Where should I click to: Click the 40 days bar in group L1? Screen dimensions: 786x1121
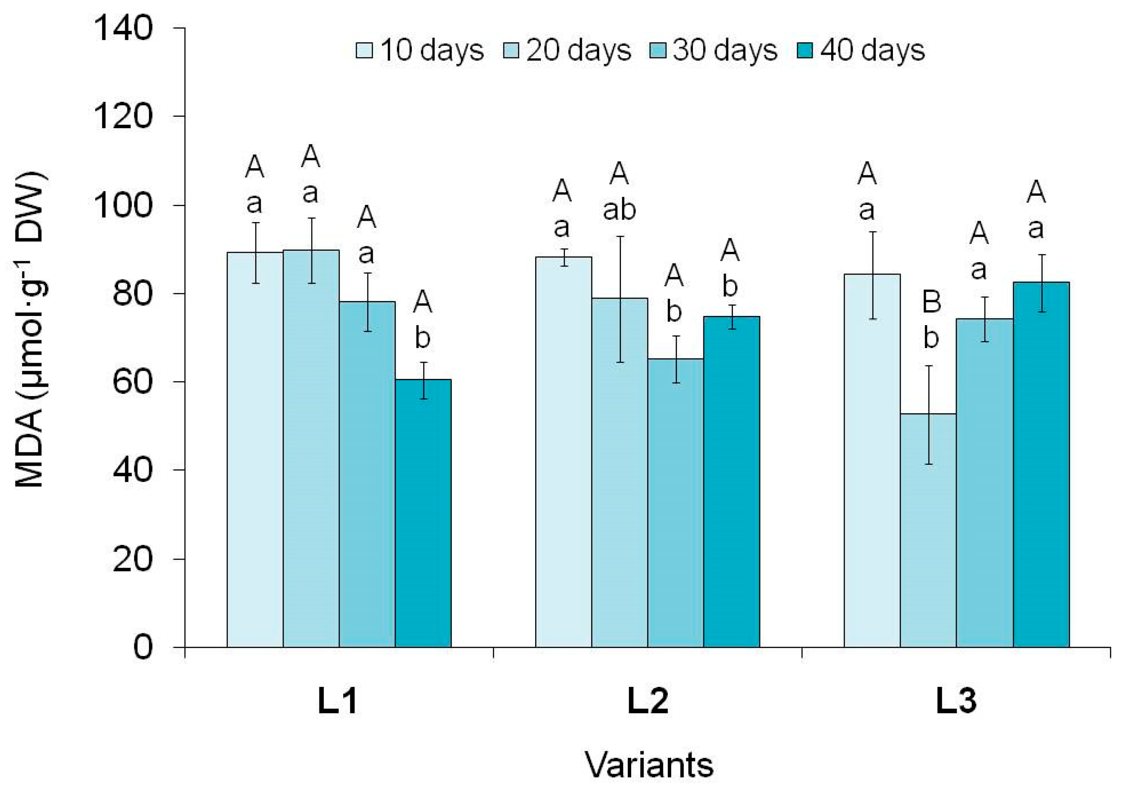pos(423,513)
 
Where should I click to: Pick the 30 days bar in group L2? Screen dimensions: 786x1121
pos(676,503)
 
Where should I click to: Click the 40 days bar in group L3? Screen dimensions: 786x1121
pos(1041,464)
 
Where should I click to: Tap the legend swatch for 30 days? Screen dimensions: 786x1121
pos(658,50)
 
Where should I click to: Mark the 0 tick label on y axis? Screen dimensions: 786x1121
pos(143,647)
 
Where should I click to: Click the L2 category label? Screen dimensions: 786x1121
pos(647,701)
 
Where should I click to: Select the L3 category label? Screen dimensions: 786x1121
pos(956,701)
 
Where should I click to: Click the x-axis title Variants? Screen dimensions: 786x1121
pos(649,764)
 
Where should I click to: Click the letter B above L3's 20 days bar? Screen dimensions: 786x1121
pos(932,302)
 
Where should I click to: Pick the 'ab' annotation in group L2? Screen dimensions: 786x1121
pos(619,210)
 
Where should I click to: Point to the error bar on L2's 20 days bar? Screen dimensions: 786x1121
pos(620,299)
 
